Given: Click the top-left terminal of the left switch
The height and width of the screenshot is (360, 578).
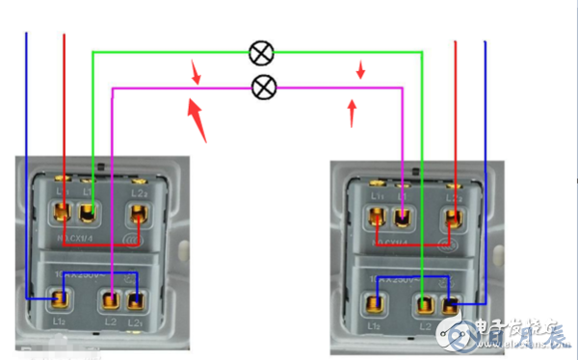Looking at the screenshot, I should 63,212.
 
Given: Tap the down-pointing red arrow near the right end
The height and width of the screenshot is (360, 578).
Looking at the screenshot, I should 361,70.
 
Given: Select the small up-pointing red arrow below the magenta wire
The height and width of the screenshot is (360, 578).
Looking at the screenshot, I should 352,114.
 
